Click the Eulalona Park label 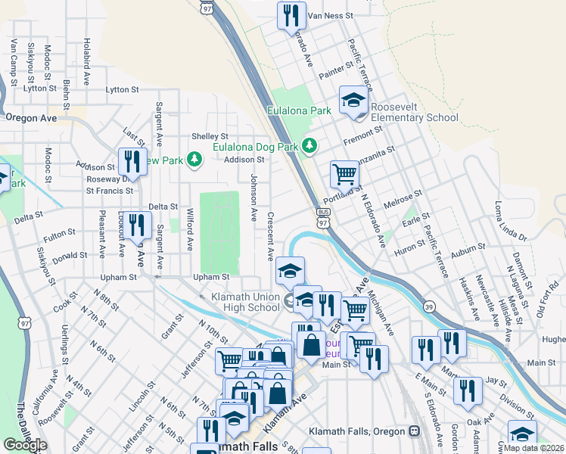click(x=299, y=110)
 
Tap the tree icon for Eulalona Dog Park click(x=309, y=145)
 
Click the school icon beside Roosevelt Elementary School click(x=352, y=100)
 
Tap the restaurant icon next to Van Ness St click(x=291, y=14)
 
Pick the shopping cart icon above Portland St click(x=344, y=174)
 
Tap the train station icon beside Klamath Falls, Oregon click(x=414, y=431)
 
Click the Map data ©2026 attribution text click(x=533, y=448)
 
